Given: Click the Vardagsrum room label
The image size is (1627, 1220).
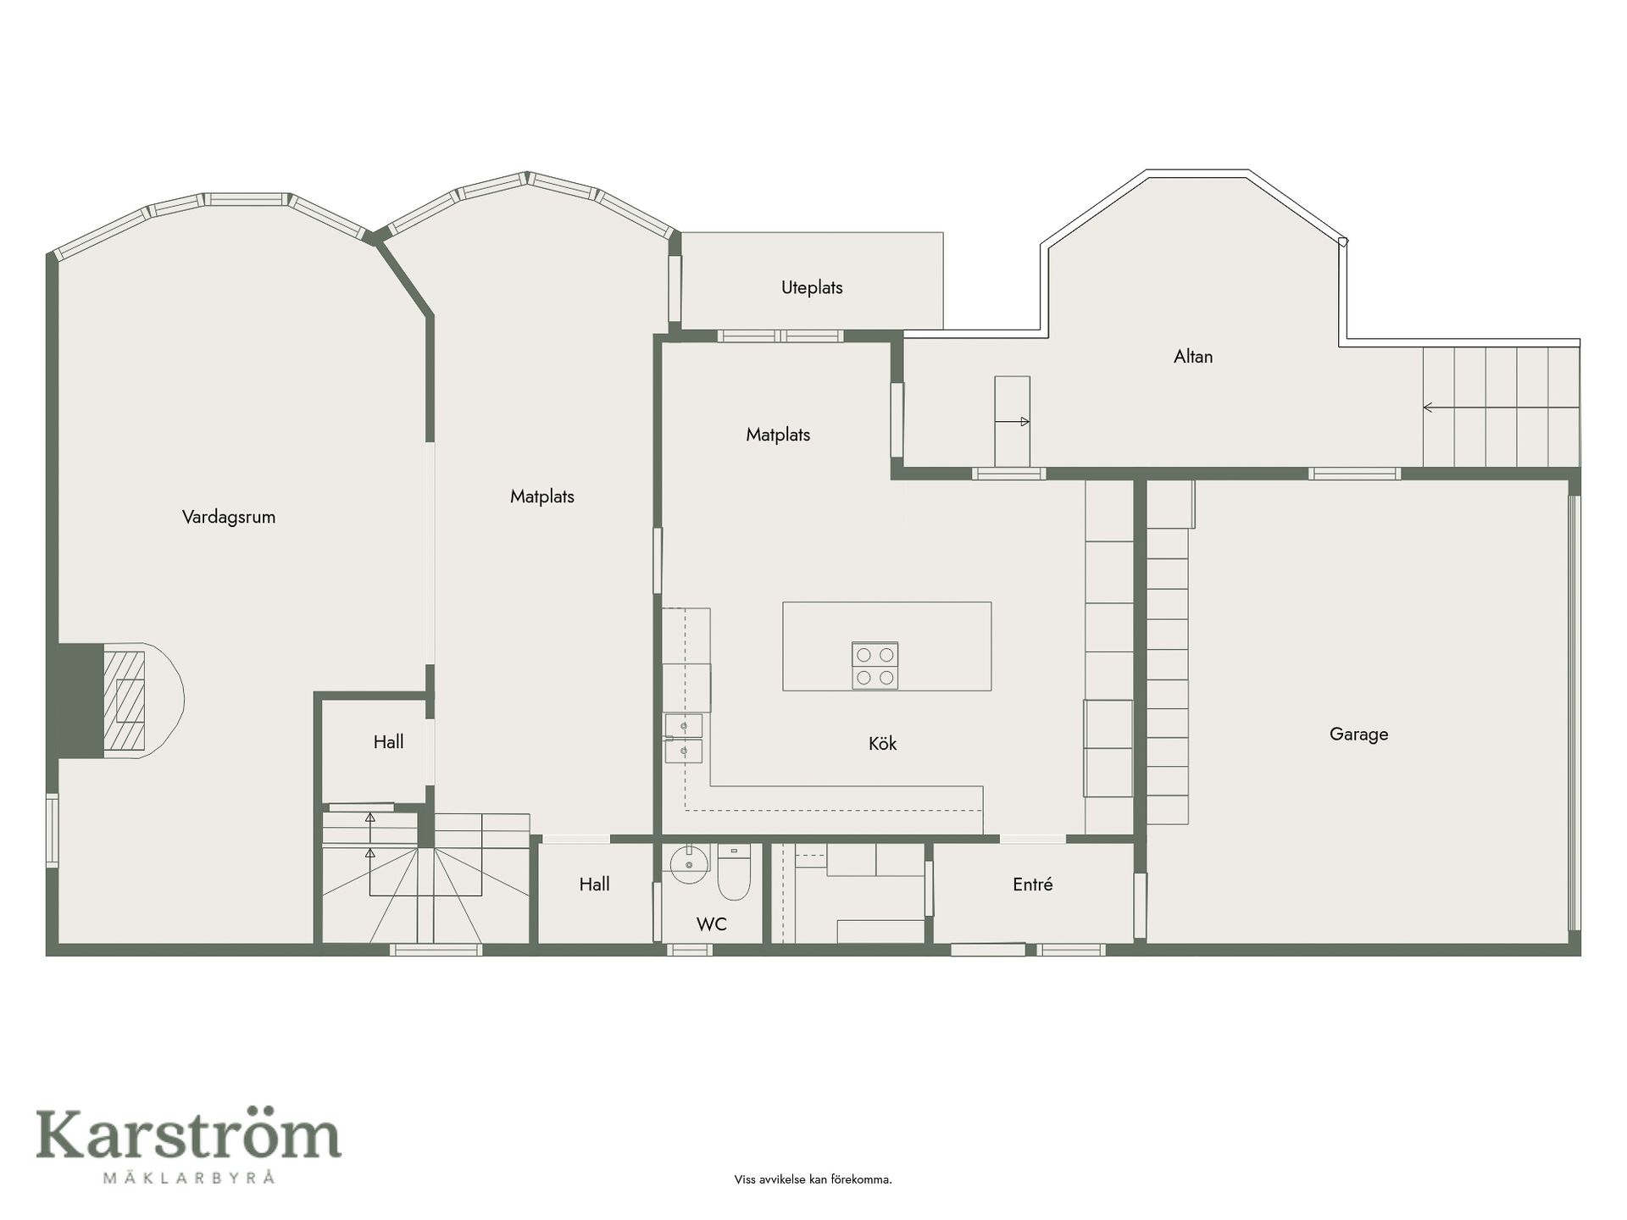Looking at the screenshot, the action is (x=229, y=517).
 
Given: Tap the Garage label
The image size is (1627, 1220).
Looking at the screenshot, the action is (x=1358, y=735).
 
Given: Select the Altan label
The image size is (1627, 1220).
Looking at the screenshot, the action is (x=1193, y=357).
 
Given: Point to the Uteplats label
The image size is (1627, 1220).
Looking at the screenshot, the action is (x=812, y=288).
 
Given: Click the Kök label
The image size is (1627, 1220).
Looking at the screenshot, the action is (x=882, y=744).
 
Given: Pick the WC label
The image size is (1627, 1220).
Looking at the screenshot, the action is (x=712, y=924).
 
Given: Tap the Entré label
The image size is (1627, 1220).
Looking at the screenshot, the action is (x=1033, y=884).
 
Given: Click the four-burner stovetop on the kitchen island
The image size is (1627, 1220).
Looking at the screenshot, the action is (x=875, y=666).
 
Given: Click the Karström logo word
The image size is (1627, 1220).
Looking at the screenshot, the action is (x=188, y=1134).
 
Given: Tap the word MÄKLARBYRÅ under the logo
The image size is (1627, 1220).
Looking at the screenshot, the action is (x=189, y=1177).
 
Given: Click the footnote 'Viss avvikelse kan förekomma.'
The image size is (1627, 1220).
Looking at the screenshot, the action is (x=813, y=1179).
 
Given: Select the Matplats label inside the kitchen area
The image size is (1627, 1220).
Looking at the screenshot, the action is (x=778, y=435).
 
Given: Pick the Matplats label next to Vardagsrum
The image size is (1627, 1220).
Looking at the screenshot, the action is (x=542, y=497).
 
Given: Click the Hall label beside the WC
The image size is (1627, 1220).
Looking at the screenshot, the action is (x=594, y=884).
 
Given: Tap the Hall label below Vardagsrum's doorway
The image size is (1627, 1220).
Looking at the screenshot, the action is (x=388, y=742).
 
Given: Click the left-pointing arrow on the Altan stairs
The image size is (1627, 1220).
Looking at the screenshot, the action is (x=1501, y=408).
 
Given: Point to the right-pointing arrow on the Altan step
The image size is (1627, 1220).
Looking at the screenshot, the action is (x=1013, y=421).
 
